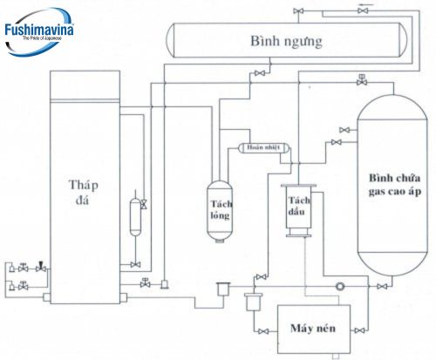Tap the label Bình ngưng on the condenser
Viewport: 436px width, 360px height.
[x=285, y=41]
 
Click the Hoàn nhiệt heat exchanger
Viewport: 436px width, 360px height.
[x=266, y=148]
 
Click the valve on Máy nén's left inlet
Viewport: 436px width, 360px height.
[x=262, y=332]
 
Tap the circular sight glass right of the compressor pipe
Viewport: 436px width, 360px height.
[x=339, y=286]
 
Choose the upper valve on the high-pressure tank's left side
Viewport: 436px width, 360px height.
[x=344, y=130]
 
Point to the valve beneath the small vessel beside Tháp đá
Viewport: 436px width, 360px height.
[x=135, y=264]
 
